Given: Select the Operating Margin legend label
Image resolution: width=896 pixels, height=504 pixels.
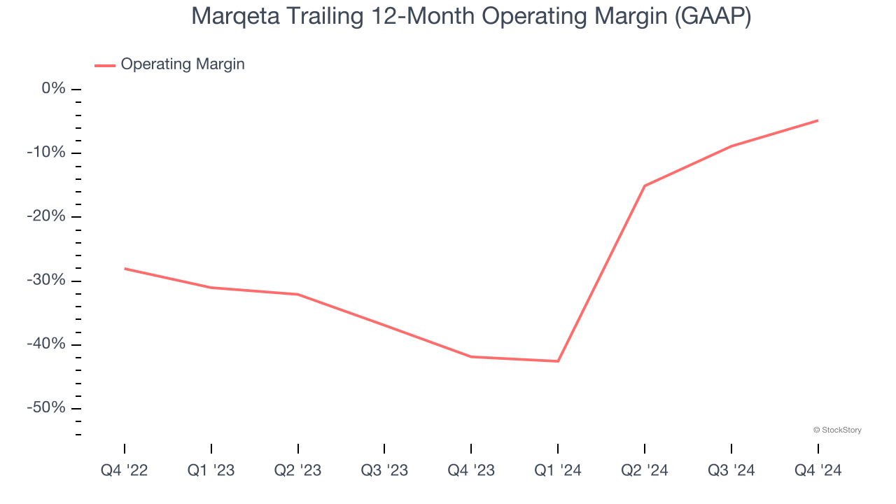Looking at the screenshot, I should [183, 64].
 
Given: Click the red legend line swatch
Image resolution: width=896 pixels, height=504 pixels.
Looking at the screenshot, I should [105, 65].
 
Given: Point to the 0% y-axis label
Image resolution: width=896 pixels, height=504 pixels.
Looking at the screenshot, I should [54, 89].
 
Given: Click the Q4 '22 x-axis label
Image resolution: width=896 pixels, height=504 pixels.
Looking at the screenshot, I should [125, 470].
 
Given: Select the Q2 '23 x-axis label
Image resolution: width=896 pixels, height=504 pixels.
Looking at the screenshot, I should [298, 470].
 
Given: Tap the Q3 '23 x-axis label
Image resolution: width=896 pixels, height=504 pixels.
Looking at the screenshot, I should [384, 470].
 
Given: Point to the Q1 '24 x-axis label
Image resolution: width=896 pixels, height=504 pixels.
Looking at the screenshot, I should [558, 470].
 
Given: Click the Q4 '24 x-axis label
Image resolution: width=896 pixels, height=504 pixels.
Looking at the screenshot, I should [818, 470].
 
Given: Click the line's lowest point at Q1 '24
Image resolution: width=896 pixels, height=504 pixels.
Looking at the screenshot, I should [558, 361].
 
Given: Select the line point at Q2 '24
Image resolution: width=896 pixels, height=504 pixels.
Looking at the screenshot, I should [645, 185].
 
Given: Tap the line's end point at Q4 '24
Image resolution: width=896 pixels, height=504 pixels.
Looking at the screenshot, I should [818, 120].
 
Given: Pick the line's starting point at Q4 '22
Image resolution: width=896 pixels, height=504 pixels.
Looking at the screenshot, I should [125, 268].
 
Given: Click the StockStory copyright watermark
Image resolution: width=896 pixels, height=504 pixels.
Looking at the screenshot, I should [837, 430].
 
